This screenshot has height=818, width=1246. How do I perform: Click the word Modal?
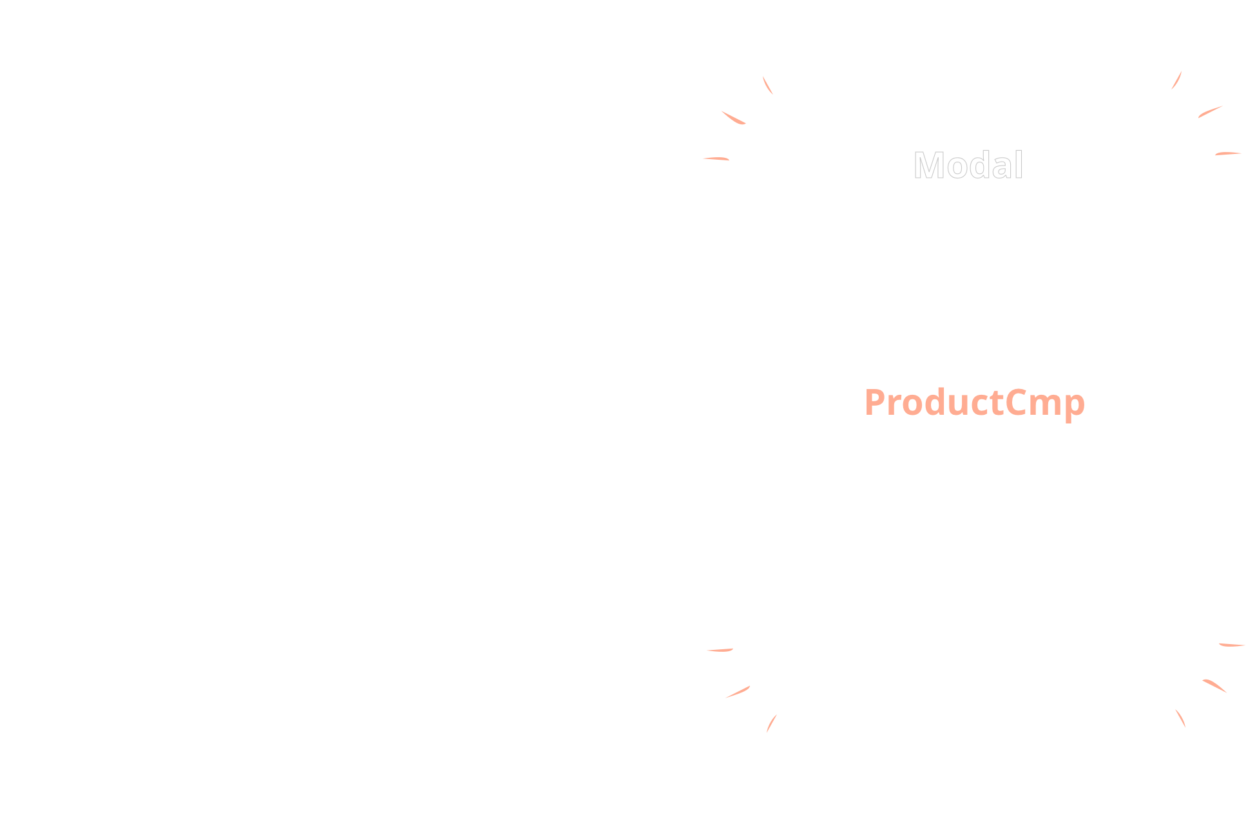(x=968, y=166)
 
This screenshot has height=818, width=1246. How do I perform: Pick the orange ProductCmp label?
(x=974, y=403)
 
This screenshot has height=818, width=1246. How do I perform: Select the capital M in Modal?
(x=928, y=166)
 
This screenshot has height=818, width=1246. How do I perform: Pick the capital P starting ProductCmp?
(x=876, y=403)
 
